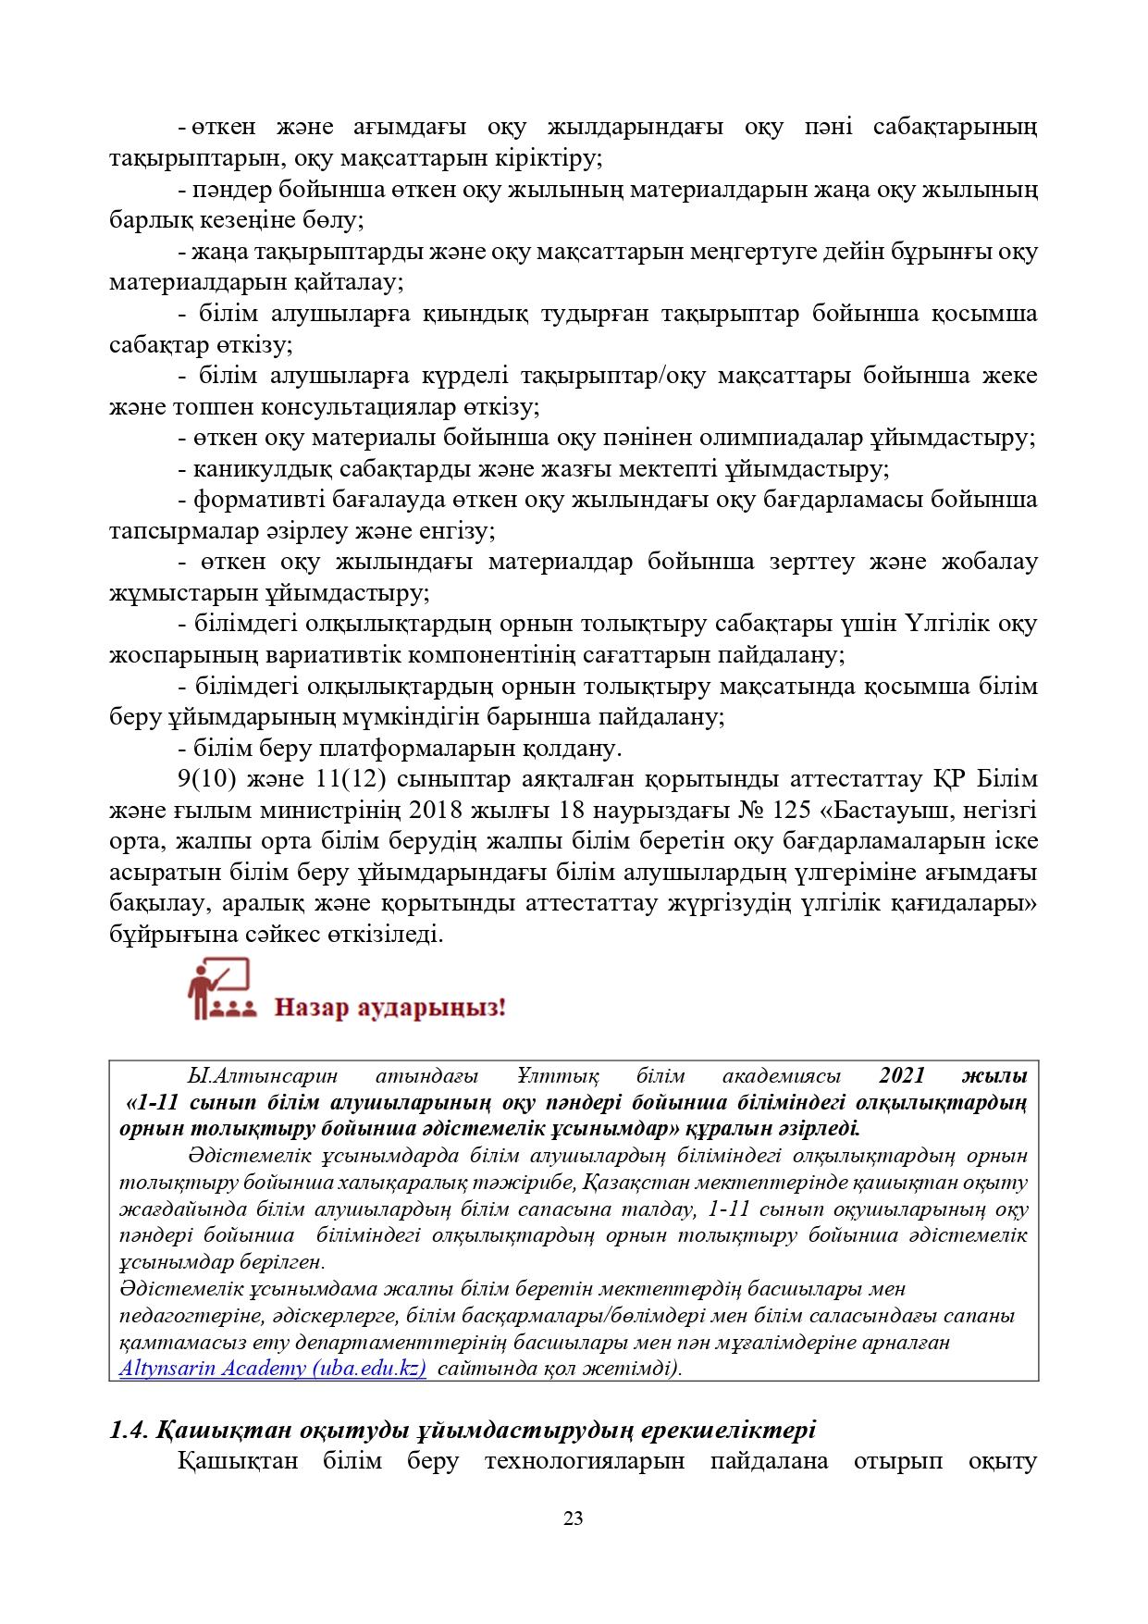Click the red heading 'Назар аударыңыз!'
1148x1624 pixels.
click(390, 1007)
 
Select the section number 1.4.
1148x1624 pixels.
click(129, 1430)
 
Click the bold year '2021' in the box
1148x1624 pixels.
click(903, 1076)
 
